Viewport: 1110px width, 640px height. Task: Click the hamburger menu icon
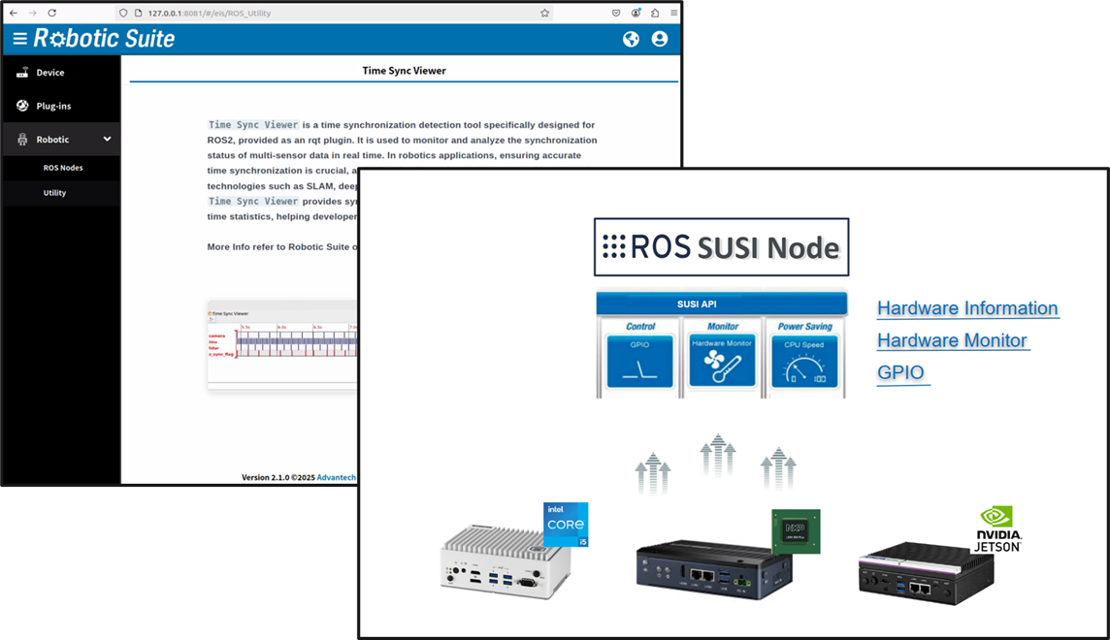tap(19, 39)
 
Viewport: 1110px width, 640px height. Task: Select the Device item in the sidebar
tap(49, 73)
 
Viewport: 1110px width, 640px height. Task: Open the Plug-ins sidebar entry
tap(53, 106)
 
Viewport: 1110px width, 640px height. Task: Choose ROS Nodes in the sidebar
tap(63, 168)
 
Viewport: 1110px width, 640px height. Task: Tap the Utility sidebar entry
tap(54, 193)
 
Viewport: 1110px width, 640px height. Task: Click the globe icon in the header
tap(631, 39)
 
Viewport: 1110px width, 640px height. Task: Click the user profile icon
tap(660, 39)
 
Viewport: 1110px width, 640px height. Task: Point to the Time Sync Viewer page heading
tap(404, 71)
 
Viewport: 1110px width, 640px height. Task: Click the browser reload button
tap(52, 13)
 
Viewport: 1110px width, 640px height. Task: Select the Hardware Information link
tap(966, 308)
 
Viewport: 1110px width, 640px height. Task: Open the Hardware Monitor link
tap(951, 340)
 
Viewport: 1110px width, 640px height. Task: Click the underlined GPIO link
tap(900, 372)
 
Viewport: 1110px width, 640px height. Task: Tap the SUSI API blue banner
tap(721, 304)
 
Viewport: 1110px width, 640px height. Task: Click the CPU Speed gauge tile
tap(803, 362)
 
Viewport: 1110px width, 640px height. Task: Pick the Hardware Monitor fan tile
tap(722, 362)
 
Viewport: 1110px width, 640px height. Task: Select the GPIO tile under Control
tap(639, 362)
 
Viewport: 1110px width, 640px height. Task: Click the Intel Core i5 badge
tap(566, 525)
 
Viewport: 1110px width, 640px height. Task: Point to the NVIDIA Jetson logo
tap(996, 529)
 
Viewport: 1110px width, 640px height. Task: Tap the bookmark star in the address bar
tap(544, 13)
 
